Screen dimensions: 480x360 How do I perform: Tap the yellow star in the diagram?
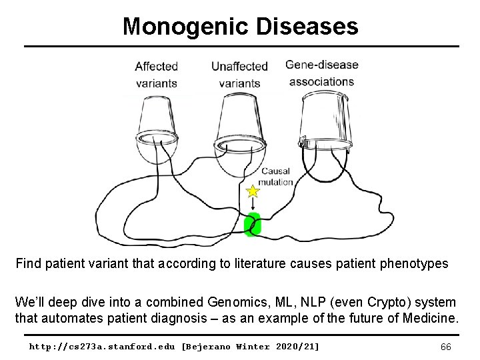pos(253,192)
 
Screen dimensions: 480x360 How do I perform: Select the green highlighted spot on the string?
pos(253,225)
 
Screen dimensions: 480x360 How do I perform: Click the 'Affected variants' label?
pos(156,75)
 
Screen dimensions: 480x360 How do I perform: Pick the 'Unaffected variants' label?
pos(239,75)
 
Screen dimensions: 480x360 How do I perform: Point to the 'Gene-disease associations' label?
pos(321,73)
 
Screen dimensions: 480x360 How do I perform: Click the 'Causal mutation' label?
pos(276,177)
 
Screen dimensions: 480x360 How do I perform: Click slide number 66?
pos(447,347)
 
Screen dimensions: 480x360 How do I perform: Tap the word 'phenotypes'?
pos(415,263)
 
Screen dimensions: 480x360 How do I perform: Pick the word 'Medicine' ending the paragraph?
pos(430,318)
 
